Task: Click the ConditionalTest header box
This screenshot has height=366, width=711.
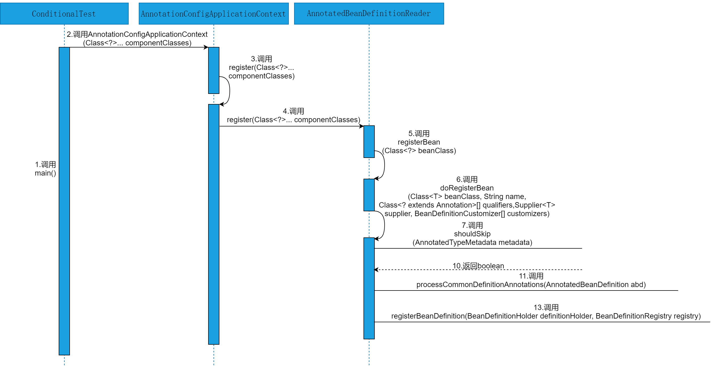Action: [x=64, y=14]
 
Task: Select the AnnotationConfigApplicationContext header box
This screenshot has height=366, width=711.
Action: [x=213, y=14]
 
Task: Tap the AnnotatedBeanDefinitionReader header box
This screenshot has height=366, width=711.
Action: [x=369, y=14]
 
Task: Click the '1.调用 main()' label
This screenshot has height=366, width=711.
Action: [x=45, y=169]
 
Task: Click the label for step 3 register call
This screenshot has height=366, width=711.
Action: [x=261, y=67]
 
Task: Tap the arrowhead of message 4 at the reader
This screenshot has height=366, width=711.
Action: [x=362, y=126]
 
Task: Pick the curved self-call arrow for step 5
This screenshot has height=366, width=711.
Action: [x=384, y=165]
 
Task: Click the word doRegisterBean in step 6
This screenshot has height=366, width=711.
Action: [x=467, y=188]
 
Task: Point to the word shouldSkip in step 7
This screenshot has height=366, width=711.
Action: [x=472, y=234]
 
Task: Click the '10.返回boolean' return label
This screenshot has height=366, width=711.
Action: [x=478, y=266]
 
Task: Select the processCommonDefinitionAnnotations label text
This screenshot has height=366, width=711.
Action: [x=531, y=285]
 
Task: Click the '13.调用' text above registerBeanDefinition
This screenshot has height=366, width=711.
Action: [x=546, y=308]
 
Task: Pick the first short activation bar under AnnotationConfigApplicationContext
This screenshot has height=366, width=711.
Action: [x=214, y=70]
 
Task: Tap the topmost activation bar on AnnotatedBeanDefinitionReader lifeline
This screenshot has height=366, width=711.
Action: [x=369, y=141]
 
